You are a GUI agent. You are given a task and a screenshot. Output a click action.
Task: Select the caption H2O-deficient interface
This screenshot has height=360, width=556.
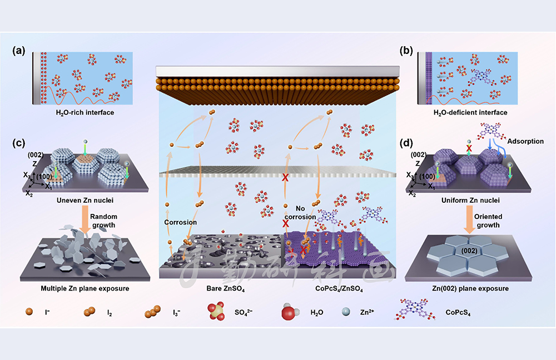(x=471, y=113)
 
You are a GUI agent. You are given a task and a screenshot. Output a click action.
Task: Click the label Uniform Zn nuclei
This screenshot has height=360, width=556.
(x=470, y=200)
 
